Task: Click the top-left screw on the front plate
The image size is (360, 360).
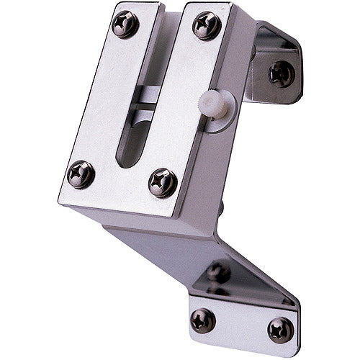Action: [x=126, y=24]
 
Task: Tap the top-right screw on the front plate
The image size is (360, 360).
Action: [x=207, y=25]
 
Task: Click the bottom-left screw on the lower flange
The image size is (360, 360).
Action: [x=203, y=319]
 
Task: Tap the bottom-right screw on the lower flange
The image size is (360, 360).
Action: [x=280, y=330]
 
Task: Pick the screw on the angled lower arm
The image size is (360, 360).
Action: [x=218, y=272]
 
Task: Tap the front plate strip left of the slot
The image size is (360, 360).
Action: [x=108, y=101]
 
